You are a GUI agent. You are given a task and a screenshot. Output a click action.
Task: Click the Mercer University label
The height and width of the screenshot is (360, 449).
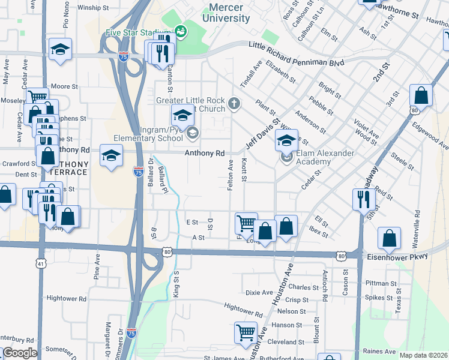[x=229, y=13]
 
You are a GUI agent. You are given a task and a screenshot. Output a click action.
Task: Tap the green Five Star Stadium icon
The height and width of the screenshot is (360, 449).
[x=180, y=31]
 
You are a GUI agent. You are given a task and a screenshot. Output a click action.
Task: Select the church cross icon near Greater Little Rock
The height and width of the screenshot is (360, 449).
[x=234, y=105]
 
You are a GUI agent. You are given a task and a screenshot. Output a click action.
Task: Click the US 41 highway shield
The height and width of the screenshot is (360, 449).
[x=40, y=263]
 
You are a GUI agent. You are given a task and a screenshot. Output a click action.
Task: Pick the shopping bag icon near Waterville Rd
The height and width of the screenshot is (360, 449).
[x=390, y=238]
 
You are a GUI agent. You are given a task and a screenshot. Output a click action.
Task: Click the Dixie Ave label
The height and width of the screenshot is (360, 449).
[x=259, y=292]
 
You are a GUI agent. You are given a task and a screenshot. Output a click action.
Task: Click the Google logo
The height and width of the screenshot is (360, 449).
[x=20, y=353]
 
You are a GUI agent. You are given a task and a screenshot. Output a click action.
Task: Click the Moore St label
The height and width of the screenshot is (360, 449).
[x=65, y=86]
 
